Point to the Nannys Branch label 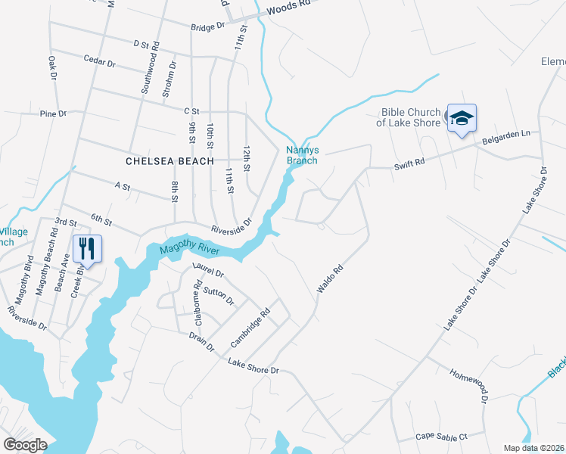coord(301,155)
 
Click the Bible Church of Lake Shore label coord(410,117)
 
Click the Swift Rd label coord(409,163)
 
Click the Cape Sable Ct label coord(442,437)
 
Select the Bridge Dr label coord(208,26)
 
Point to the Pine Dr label coord(54,113)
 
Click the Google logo coord(25,445)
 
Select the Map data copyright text coord(534,448)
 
